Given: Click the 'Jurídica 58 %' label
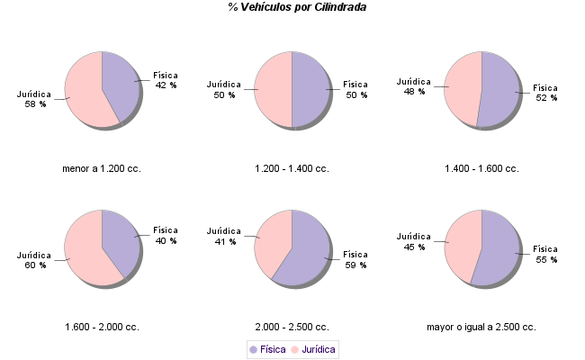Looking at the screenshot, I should pos(34,99).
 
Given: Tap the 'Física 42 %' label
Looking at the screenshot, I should pos(166,80).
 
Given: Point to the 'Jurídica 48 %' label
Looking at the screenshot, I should pos(413,86).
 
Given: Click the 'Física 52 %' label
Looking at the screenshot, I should pos(546,93).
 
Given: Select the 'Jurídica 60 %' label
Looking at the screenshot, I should pos(34,260).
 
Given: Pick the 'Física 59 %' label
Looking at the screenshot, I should pos(355,259).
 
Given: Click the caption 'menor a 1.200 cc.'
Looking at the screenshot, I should pos(102,168).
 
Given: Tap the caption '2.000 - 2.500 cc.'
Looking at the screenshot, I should pos(292,327).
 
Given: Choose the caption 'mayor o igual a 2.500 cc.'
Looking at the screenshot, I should pos(481,327).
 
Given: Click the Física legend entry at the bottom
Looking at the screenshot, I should pos(267,348).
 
